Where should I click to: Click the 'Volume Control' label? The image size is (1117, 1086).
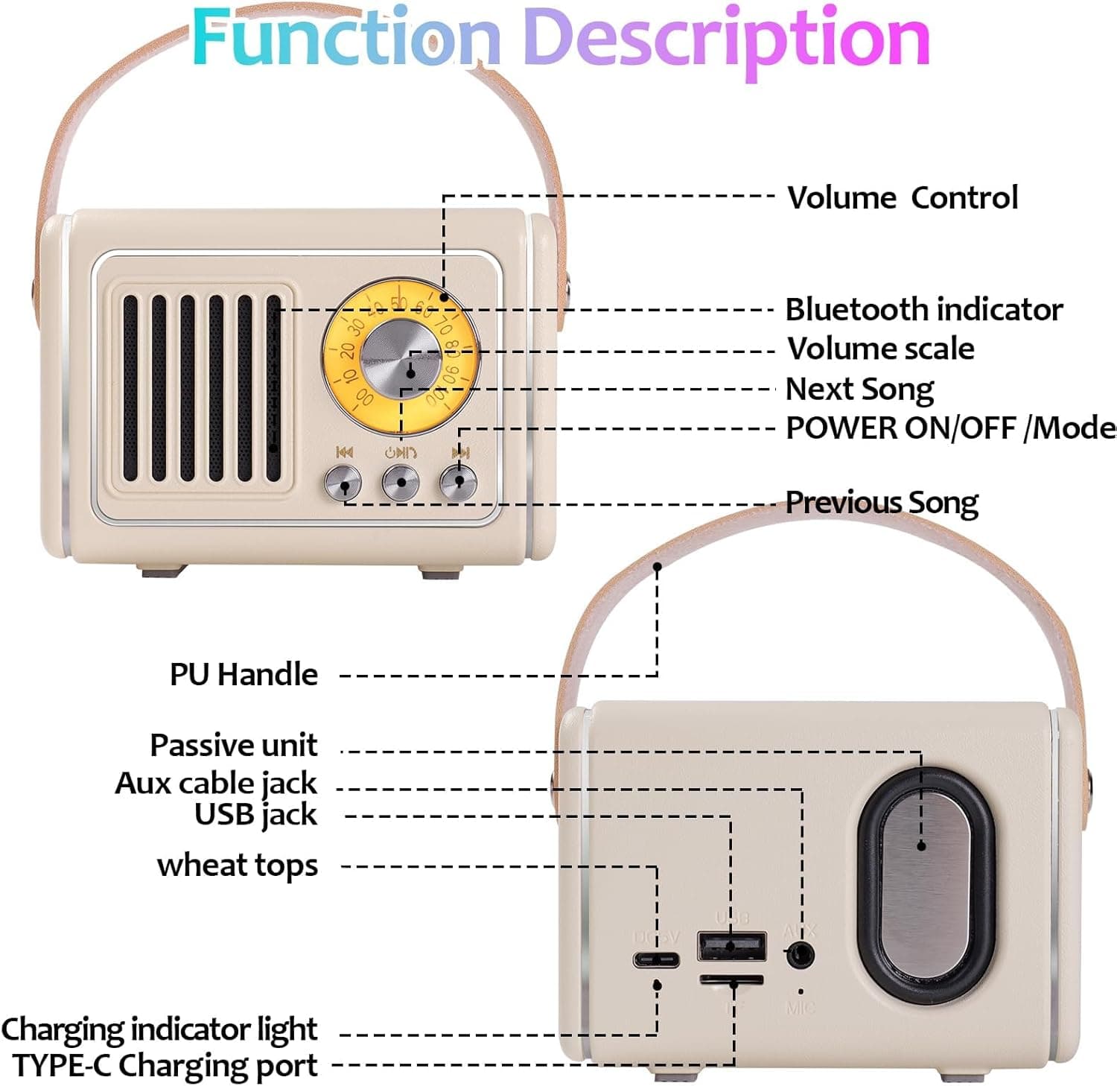903,198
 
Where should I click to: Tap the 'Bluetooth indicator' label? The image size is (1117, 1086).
923,310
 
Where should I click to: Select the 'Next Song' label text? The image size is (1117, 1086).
859,390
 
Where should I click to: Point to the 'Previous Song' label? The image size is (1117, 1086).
882,503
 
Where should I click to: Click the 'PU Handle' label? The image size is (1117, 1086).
244,675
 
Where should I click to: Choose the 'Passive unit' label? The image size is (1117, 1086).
233,746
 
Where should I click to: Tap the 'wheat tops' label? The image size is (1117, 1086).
237,866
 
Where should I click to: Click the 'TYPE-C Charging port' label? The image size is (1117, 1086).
165,1066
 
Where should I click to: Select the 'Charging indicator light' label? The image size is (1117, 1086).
159,1029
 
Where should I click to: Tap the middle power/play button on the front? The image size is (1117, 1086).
401,483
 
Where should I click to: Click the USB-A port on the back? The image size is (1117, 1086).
731,946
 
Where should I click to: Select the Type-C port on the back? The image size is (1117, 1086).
656,959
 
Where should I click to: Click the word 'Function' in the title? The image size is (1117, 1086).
346,37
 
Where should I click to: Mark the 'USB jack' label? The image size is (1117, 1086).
255,816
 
